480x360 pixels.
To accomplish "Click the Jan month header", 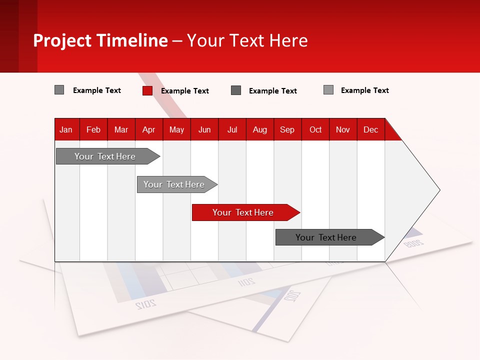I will [66, 129].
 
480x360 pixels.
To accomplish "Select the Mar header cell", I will [121, 129].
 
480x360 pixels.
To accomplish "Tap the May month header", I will [176, 129].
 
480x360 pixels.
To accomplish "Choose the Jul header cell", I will [232, 129].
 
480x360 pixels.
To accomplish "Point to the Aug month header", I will [260, 129].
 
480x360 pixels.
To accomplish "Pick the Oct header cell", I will [315, 129].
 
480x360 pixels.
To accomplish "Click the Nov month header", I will [343, 129].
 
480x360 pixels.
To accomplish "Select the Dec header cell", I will [370, 129].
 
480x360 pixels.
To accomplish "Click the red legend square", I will [147, 90].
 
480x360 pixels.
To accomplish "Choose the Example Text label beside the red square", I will [185, 91].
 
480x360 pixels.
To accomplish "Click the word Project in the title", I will [63, 40].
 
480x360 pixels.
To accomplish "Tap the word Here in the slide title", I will [288, 40].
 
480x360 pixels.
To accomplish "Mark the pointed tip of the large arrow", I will [438, 190].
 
